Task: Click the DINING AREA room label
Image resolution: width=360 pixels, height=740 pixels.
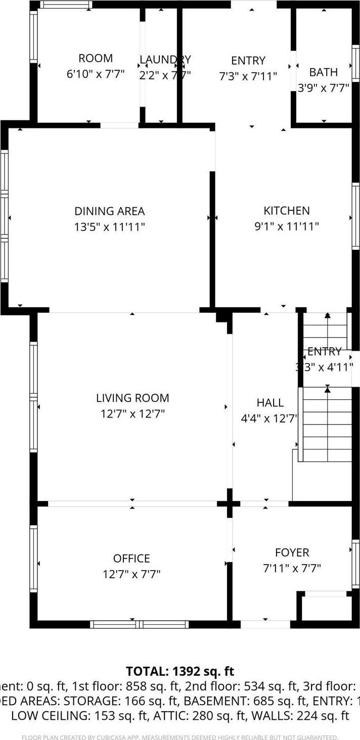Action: [110, 211]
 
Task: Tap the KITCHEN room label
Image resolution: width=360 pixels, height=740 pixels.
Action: [286, 211]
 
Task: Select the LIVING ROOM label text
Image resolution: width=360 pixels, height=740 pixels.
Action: [132, 398]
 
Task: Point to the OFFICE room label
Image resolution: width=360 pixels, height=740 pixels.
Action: [131, 559]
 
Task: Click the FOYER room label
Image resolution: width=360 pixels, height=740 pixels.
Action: [292, 553]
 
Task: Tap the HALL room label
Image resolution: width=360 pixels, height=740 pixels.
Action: [270, 403]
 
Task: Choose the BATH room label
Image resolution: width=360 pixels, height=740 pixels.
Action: [323, 72]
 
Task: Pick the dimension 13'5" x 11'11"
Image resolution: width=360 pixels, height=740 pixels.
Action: [110, 227]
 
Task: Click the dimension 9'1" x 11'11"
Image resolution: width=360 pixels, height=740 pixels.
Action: [286, 226]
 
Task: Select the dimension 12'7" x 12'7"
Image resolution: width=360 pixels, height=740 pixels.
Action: [132, 414]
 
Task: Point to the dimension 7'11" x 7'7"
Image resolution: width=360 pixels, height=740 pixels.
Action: [292, 569]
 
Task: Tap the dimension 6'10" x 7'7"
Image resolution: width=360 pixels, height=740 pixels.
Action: [96, 74]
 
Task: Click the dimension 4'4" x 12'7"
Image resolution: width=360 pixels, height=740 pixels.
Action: [270, 419]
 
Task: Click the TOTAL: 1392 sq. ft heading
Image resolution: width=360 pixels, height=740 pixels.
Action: [180, 671]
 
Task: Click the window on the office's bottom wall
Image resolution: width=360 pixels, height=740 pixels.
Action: [139, 624]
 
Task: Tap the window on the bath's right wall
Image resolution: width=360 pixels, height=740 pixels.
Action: [356, 63]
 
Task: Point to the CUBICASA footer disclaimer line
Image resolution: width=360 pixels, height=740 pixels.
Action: [180, 737]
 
